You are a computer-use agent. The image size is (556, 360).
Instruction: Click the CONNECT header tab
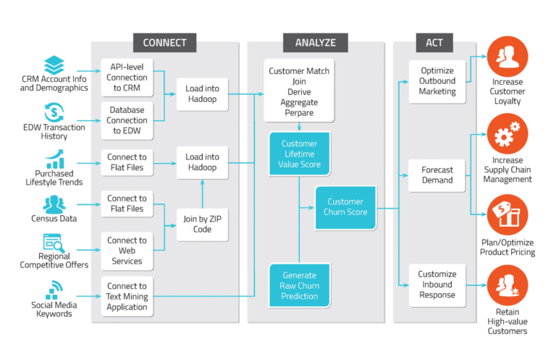click(x=164, y=42)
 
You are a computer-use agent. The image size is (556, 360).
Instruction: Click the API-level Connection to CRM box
click(x=127, y=76)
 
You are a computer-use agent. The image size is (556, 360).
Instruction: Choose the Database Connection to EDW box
click(x=127, y=120)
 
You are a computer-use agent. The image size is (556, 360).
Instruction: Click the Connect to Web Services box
click(x=127, y=250)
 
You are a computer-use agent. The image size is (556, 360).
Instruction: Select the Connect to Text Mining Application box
click(x=127, y=296)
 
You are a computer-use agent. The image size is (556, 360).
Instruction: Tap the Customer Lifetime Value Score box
click(x=299, y=154)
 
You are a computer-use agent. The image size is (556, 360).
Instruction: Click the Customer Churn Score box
click(x=347, y=207)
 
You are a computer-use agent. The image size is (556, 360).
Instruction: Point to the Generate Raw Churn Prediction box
click(x=299, y=285)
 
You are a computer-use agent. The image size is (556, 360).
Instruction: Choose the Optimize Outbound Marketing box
click(x=437, y=81)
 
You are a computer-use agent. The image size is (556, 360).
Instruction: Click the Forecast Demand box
click(x=437, y=175)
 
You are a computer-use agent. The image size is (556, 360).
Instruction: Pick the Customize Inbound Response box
click(x=437, y=285)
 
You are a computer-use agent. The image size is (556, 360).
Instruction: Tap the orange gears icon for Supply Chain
click(x=507, y=134)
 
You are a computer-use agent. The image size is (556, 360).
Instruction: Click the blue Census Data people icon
click(x=54, y=204)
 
